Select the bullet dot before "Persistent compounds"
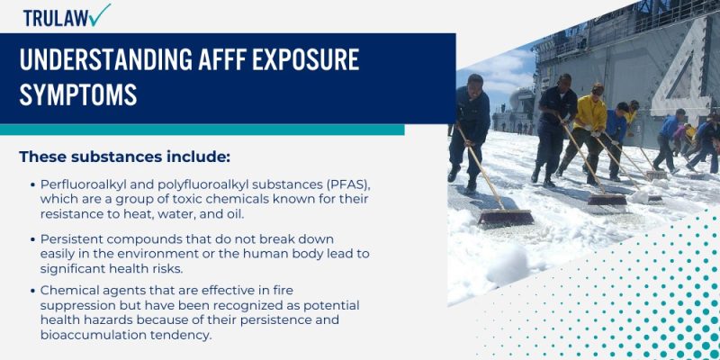click(x=32, y=239)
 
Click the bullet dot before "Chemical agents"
click(x=32, y=291)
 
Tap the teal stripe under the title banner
click(x=202, y=130)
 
